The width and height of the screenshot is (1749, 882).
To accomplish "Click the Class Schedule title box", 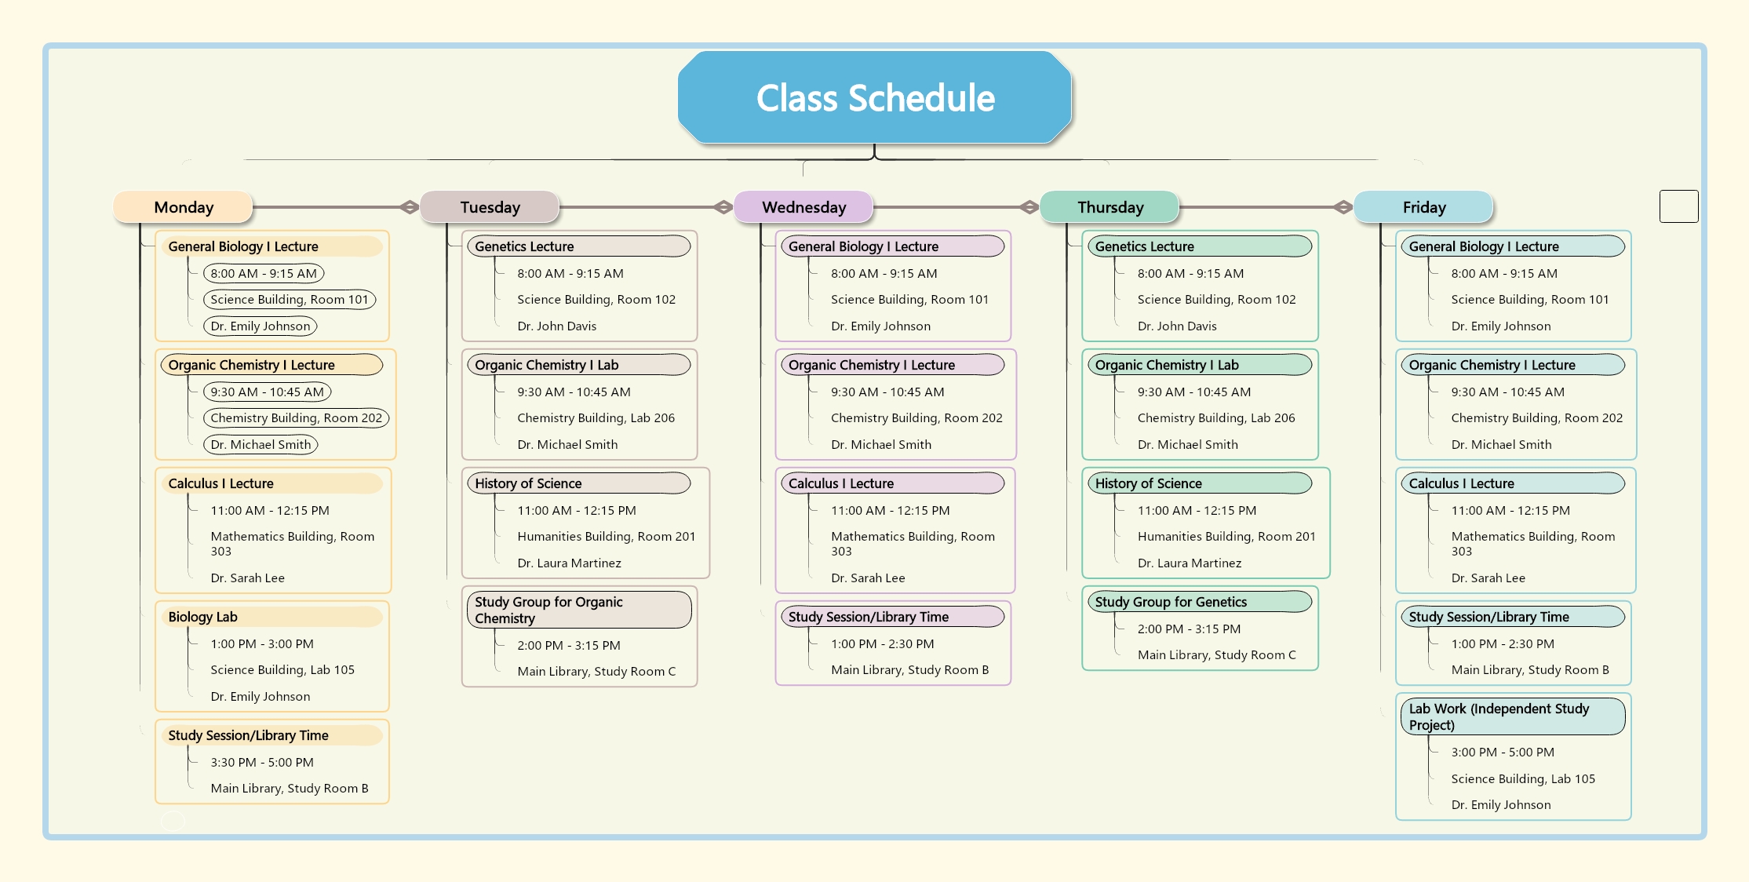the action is click(875, 97).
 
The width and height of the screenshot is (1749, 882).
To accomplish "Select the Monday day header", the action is click(184, 207).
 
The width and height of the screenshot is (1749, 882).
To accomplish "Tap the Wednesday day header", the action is click(803, 207).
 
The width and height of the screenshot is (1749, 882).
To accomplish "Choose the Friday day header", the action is click(1423, 207).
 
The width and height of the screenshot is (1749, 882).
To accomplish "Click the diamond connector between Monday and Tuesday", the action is click(409, 207).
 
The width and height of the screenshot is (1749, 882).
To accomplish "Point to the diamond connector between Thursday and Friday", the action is click(1343, 207).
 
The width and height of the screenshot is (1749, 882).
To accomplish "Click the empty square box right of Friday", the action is click(1679, 206).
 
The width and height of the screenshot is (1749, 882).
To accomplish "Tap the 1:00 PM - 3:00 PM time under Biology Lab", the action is click(262, 643).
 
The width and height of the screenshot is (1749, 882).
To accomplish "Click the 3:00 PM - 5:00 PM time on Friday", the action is click(1503, 752).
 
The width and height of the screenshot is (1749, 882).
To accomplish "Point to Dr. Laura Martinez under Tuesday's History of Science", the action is click(569, 563).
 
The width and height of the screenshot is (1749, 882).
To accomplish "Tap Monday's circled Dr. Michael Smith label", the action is click(261, 444).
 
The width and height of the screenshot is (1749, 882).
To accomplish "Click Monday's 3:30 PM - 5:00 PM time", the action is click(262, 762).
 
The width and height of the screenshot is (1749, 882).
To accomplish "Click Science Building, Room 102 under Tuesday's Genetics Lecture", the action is click(596, 299).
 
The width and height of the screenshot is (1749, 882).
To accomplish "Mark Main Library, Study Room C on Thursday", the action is click(1217, 654).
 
